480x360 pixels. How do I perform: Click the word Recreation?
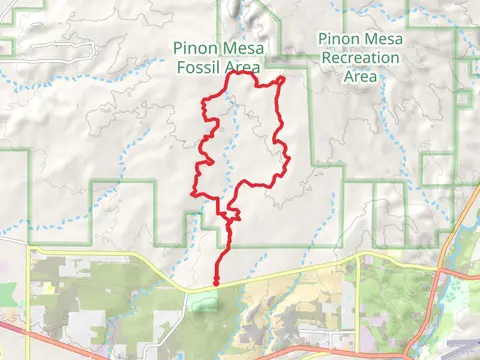360,58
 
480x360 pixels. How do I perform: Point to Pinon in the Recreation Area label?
338,39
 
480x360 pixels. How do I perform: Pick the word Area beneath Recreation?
360,76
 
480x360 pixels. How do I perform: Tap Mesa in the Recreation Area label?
382,39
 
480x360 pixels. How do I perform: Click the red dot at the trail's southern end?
216,283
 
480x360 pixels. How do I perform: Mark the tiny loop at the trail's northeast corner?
280,81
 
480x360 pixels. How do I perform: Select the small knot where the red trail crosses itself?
232,215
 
